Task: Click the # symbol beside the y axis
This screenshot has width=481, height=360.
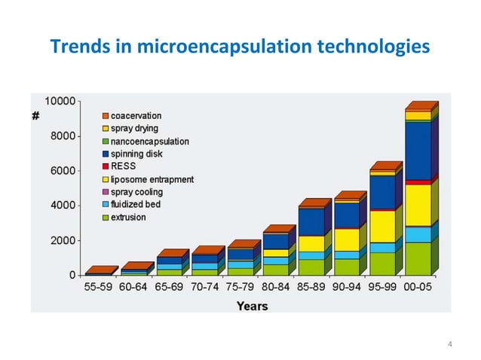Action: (35, 116)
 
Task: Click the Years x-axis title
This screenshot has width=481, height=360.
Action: (251, 306)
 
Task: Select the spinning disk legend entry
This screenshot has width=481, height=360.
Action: (136, 154)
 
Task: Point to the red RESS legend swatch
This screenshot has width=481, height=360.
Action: (106, 166)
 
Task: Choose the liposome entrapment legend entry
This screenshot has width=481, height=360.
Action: (152, 179)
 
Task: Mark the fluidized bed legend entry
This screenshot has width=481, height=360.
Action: (135, 205)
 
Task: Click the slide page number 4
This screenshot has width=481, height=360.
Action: (449, 345)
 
